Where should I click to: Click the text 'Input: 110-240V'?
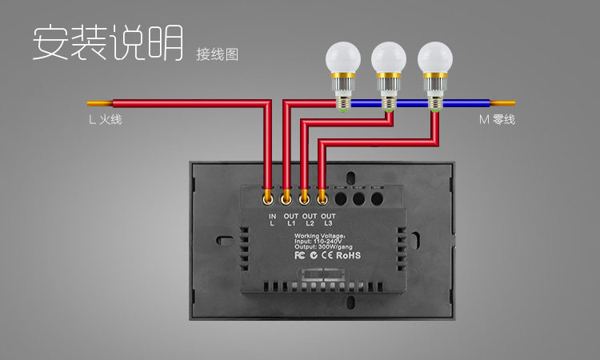[319, 242]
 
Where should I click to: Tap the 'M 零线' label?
[497, 121]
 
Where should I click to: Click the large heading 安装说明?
[107, 43]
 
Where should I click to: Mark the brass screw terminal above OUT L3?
[322, 194]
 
